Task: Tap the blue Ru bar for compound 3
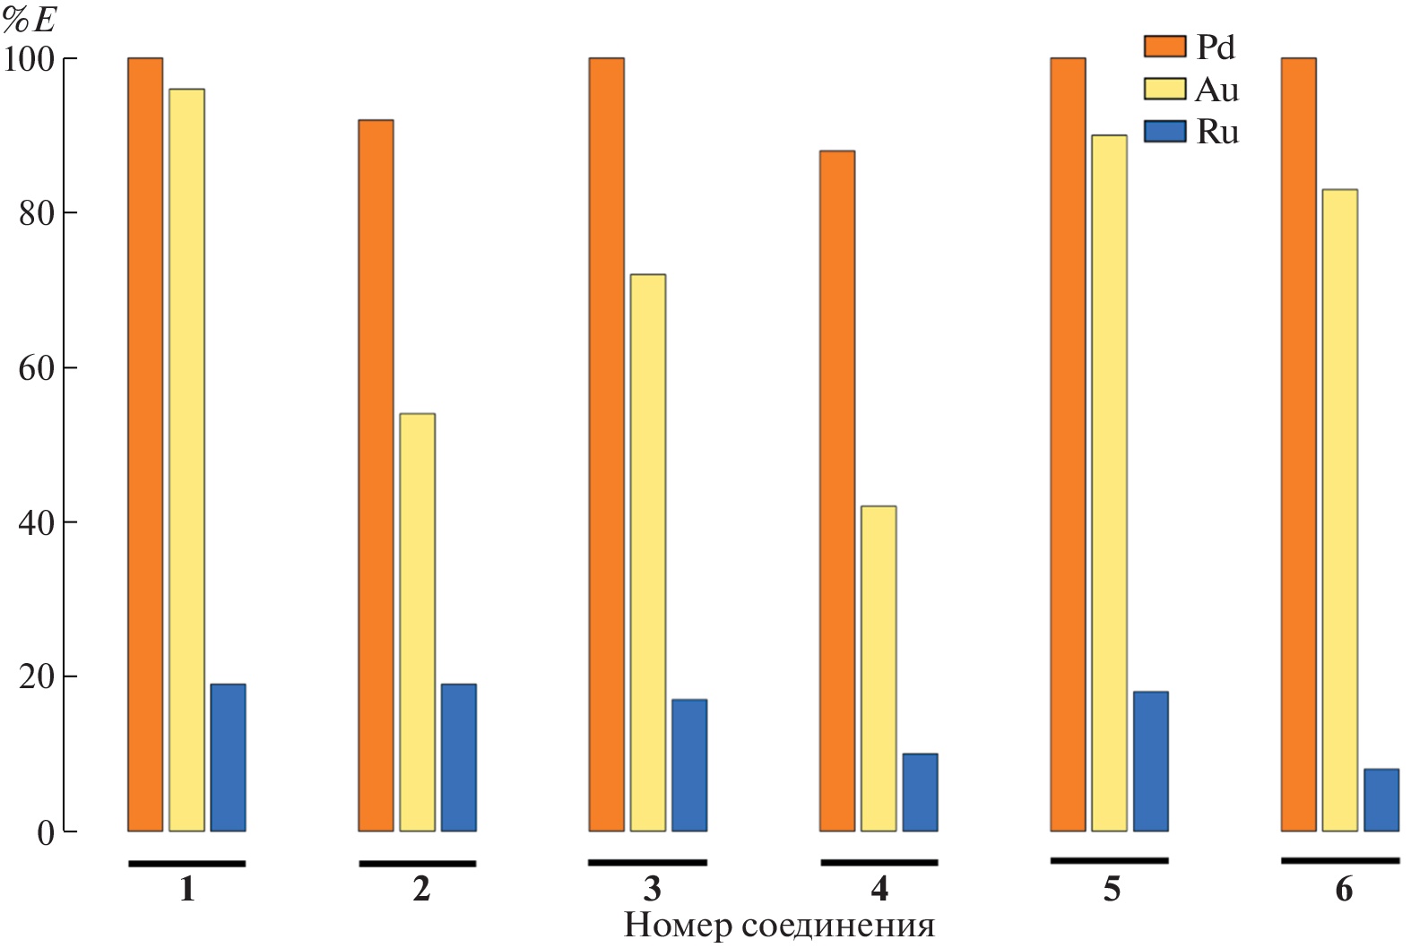[x=688, y=765]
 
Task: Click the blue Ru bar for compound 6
[x=1381, y=800]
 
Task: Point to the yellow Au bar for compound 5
[x=1109, y=483]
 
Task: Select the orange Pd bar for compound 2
[x=376, y=475]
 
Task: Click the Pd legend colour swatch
[x=1164, y=47]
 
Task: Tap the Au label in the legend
[x=1217, y=90]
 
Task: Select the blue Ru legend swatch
[x=1164, y=132]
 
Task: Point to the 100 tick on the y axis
[x=30, y=59]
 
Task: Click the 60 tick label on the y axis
[x=37, y=368]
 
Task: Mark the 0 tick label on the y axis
[x=46, y=833]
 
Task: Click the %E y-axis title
[x=30, y=20]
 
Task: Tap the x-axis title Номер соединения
[x=778, y=926]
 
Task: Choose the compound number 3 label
[x=652, y=889]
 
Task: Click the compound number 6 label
[x=1343, y=889]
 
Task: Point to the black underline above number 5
[x=1109, y=860]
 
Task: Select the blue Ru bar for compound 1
[x=228, y=758]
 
